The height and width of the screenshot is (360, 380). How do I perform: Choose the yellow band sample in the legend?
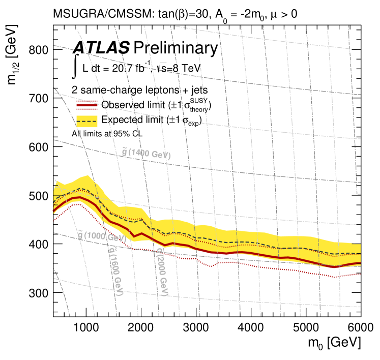pyautogui.click(x=86, y=121)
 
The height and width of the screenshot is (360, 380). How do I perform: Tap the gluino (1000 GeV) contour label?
pyautogui.click(x=101, y=236)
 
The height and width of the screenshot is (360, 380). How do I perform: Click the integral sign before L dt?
pyautogui.click(x=76, y=67)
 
